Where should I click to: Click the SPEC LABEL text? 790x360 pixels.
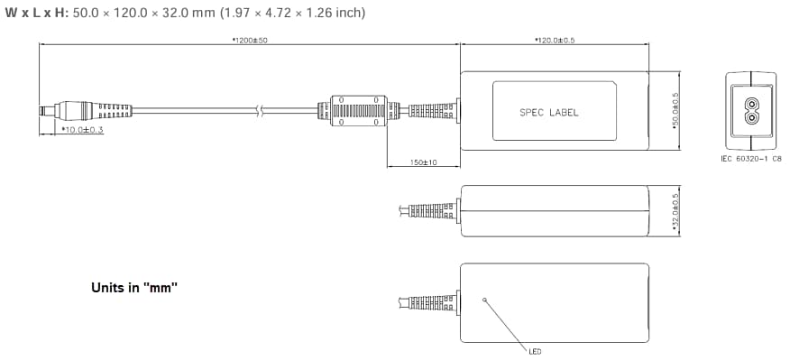[548, 113]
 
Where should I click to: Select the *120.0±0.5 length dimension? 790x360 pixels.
[555, 40]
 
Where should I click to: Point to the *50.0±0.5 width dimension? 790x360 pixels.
[675, 111]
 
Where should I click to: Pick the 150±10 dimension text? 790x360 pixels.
[423, 162]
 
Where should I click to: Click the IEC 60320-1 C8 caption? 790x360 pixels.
[750, 158]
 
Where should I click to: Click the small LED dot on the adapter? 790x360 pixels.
[485, 299]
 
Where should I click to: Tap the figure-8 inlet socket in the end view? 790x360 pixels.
[750, 111]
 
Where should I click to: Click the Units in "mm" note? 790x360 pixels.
[134, 288]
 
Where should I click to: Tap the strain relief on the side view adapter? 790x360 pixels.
[431, 211]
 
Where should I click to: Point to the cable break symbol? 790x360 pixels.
[260, 111]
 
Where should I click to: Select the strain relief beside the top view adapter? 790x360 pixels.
[431, 111]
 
